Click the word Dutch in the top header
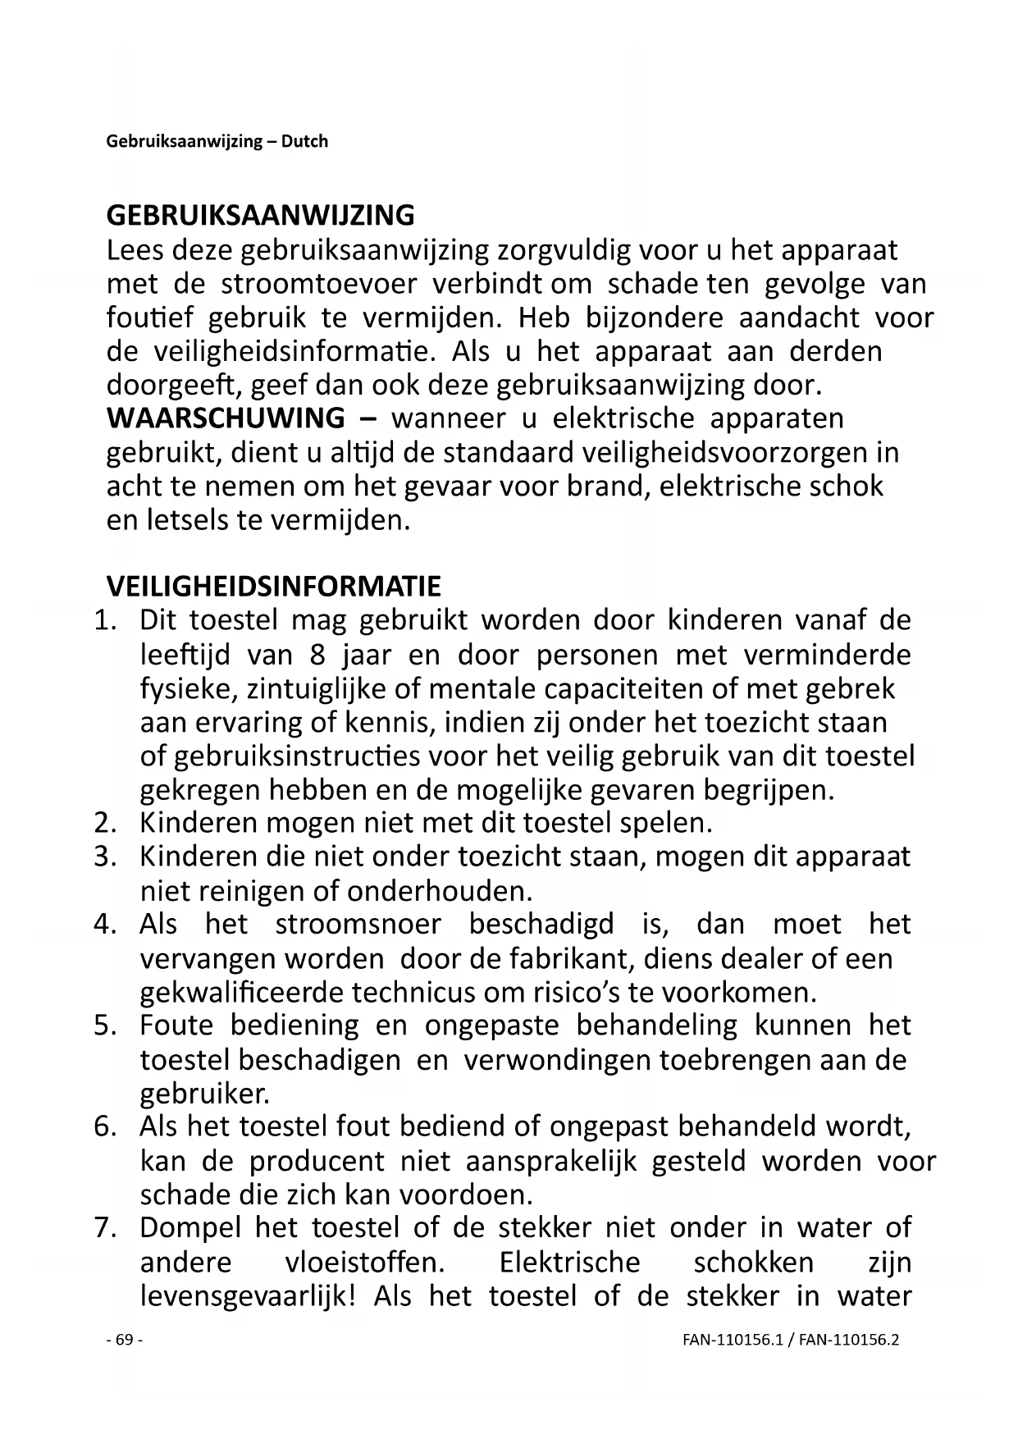click(x=304, y=141)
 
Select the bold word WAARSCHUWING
click(x=226, y=418)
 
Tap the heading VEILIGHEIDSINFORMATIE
click(x=273, y=587)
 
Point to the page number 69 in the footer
click(x=125, y=1340)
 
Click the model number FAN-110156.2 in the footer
click(x=849, y=1341)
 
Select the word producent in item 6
click(x=317, y=1161)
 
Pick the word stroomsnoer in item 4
click(x=358, y=925)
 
